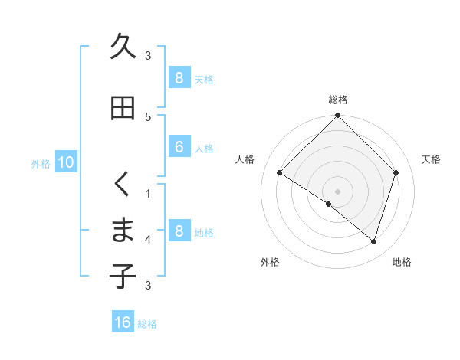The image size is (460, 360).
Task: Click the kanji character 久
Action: click(123, 47)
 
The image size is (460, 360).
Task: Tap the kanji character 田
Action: click(123, 109)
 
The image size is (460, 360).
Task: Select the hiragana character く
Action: click(123, 184)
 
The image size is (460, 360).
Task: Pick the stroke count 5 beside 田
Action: click(148, 116)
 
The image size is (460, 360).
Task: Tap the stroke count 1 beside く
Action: click(148, 192)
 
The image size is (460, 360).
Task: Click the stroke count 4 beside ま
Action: click(148, 240)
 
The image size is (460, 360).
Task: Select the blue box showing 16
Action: click(123, 322)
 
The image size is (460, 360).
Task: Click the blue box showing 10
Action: click(66, 162)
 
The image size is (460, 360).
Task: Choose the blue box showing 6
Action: click(179, 147)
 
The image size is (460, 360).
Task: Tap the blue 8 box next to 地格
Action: click(179, 231)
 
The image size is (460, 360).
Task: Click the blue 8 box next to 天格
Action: click(179, 77)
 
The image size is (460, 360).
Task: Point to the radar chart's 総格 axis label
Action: click(338, 100)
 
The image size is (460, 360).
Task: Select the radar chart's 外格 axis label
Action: click(270, 262)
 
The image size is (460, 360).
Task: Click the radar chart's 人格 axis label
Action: click(245, 159)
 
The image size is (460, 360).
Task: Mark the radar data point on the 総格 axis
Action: click(338, 116)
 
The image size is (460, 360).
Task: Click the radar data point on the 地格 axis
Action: click(374, 241)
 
